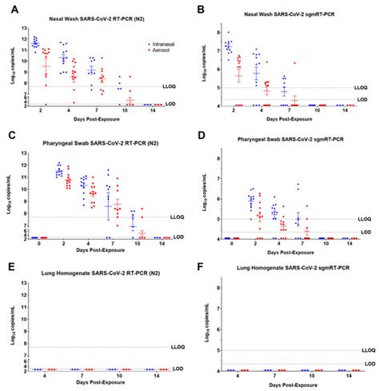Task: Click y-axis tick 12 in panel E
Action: (24, 290)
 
